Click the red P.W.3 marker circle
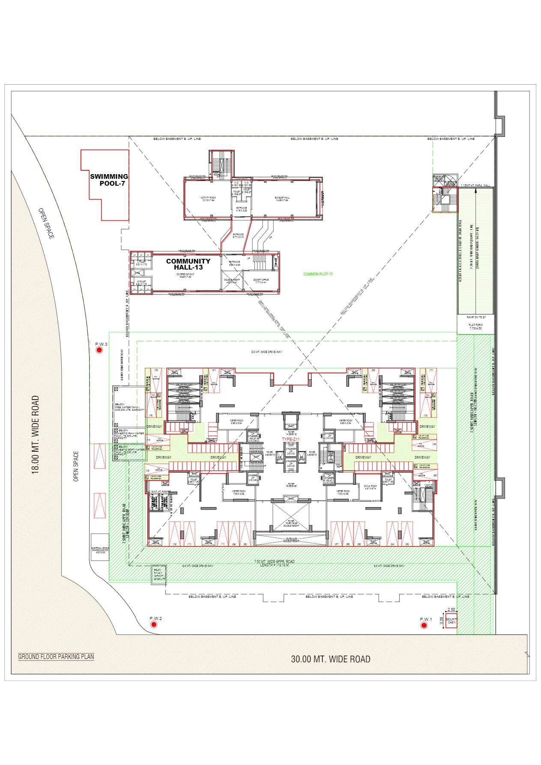pyautogui.click(x=99, y=350)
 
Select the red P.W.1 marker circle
pyautogui.click(x=424, y=626)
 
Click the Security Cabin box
pyautogui.click(x=451, y=622)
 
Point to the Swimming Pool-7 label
pyautogui.click(x=109, y=180)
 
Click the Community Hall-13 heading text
pyautogui.click(x=188, y=264)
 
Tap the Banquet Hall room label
pyautogui.click(x=282, y=199)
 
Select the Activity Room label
pyautogui.click(x=208, y=199)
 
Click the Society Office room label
pyautogui.click(x=260, y=281)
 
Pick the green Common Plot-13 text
pyautogui.click(x=318, y=274)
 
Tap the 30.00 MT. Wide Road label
pyautogui.click(x=330, y=659)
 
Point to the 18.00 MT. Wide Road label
pyautogui.click(x=36, y=434)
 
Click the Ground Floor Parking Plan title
pyautogui.click(x=56, y=657)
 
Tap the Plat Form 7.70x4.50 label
pyautogui.click(x=475, y=326)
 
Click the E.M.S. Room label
pyautogui.click(x=370, y=487)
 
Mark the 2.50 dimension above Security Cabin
pyautogui.click(x=451, y=610)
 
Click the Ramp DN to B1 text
pyautogui.click(x=476, y=317)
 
